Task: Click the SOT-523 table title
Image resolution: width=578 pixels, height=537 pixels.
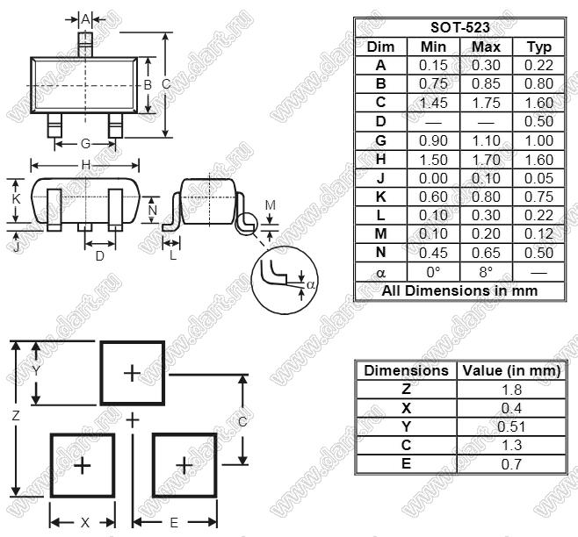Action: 459,27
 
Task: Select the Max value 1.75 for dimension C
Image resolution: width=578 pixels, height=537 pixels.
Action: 486,103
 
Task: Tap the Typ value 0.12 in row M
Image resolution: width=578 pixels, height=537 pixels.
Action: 538,234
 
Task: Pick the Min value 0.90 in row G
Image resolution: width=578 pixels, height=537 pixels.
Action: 433,140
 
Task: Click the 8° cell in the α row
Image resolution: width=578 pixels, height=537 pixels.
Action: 486,272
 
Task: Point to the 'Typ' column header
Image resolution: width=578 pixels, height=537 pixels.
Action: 538,47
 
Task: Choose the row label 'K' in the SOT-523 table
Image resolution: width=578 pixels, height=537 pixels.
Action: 380,197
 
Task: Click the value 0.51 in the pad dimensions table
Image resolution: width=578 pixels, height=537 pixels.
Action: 511,426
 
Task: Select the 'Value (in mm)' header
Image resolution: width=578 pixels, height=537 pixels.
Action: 511,370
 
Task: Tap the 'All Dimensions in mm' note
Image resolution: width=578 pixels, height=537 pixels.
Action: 459,290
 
